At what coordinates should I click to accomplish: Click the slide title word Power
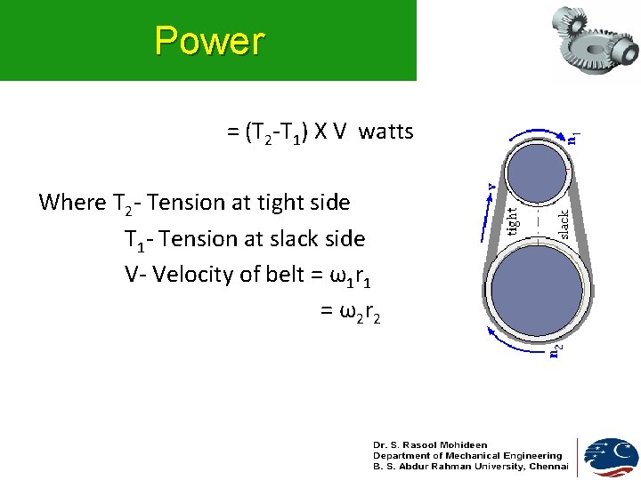tap(209, 41)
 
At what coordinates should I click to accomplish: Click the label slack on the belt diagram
tap(564, 223)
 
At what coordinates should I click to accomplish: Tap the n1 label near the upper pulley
tap(575, 137)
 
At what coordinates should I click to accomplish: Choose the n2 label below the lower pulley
tap(555, 350)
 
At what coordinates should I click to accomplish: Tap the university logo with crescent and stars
tap(611, 457)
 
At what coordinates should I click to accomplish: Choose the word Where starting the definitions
tap(72, 203)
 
